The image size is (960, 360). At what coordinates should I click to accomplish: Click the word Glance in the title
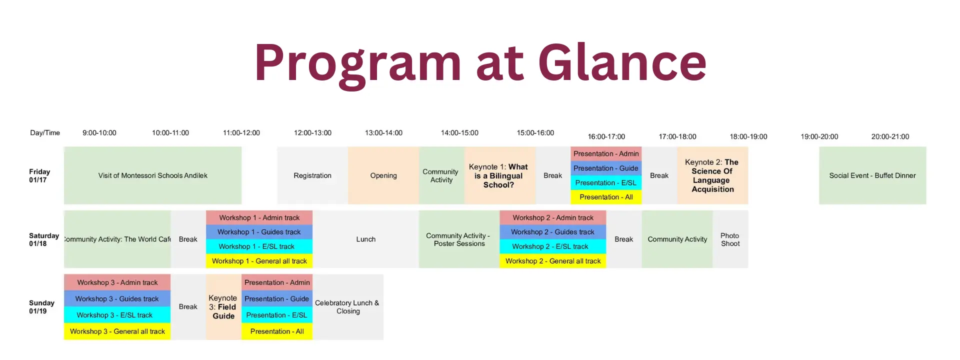coord(622,62)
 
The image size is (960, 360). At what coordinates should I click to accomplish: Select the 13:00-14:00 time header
coord(383,133)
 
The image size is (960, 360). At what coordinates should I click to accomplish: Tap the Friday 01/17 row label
coord(39,175)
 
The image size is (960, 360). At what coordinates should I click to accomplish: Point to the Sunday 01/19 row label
coord(41,307)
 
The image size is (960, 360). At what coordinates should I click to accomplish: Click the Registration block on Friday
coord(312,175)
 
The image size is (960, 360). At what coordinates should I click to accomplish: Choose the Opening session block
coord(383,175)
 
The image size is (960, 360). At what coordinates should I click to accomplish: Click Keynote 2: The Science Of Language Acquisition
coord(712,175)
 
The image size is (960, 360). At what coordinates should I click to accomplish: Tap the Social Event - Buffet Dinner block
coord(872,175)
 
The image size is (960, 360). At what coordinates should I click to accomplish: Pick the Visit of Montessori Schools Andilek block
coord(152,175)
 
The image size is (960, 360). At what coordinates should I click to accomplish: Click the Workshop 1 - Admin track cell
coord(259,217)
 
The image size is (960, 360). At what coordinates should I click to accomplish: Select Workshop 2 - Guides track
coord(552,232)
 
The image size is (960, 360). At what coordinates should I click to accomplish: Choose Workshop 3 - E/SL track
coord(117,315)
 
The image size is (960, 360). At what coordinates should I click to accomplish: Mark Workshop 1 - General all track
coord(259,261)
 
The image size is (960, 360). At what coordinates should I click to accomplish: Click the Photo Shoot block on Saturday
coord(730,239)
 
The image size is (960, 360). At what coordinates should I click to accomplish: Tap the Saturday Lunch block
coord(365,239)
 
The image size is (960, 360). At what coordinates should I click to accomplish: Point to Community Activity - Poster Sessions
coord(459,239)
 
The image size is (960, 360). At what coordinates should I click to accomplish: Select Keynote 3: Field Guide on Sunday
coord(223,307)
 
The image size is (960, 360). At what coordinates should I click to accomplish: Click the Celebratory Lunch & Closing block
coord(348,307)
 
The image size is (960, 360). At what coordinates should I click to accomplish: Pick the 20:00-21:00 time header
coord(890,136)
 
